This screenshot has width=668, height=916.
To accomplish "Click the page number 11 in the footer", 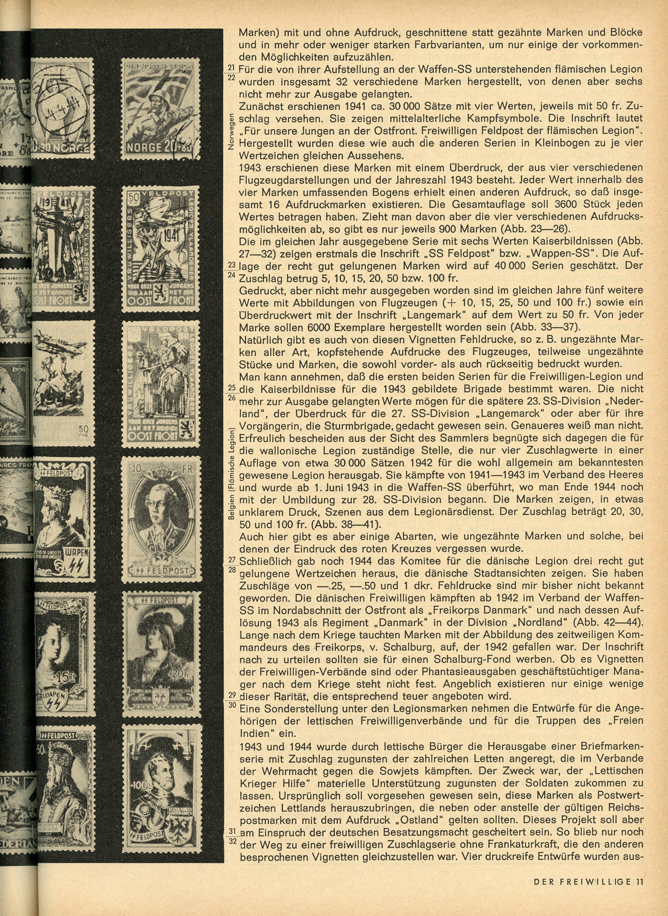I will pyautogui.click(x=639, y=881).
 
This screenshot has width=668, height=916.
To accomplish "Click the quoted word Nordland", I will pyautogui.click(x=534, y=622).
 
